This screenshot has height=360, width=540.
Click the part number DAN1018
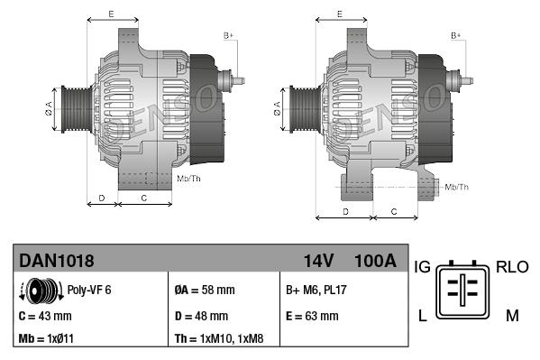pos(57,261)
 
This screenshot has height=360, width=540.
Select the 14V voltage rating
pos(318,261)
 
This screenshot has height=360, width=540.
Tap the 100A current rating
pos(375,261)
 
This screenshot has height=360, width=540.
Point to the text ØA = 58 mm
pos(204,291)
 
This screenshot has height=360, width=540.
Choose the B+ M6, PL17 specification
pos(317,291)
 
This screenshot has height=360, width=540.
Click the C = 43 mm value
pos(45,317)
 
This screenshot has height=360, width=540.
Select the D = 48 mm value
pos(201,317)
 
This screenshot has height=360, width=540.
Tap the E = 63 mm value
pos(312,317)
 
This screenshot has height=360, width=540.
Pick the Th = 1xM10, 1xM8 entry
pos(219,339)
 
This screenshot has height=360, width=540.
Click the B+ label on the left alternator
pos(228,34)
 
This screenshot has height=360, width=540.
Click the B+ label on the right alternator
pos(455,34)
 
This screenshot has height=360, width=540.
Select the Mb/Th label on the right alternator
pos(457,187)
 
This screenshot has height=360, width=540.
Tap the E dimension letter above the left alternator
pos(111,14)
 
